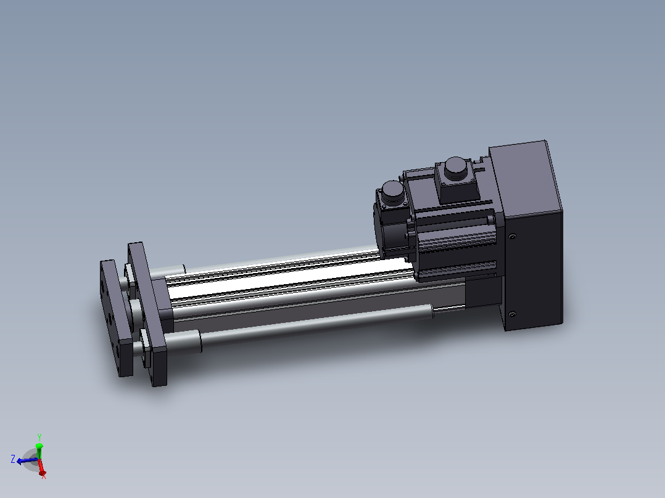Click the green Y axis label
pos(39,437)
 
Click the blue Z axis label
pos(13,459)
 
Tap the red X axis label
pos(43,476)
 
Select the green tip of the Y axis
pos(39,446)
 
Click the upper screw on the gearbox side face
pos(512,237)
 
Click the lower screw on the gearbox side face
pos(512,314)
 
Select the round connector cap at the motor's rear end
pos(392,192)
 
